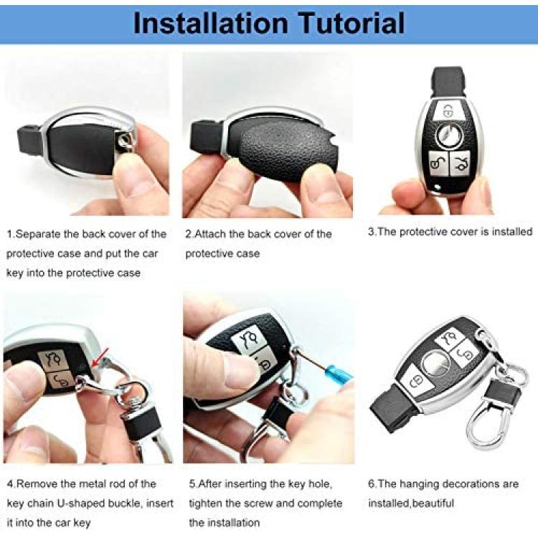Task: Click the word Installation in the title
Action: click(210, 23)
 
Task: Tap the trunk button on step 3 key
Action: click(459, 164)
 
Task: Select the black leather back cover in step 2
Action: click(285, 151)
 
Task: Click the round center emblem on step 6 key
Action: click(435, 364)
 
